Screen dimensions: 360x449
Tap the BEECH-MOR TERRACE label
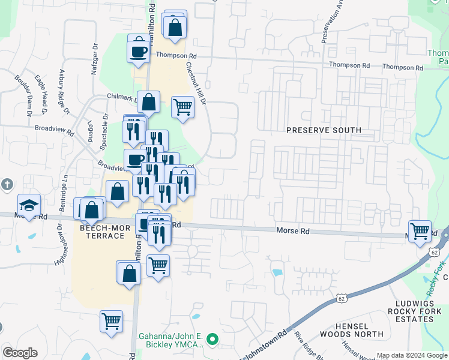click(102, 232)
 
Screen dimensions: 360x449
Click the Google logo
click(20, 353)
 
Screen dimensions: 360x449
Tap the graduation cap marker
click(29, 206)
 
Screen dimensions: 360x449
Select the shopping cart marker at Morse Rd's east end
click(420, 232)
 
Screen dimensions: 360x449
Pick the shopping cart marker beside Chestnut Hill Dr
click(182, 108)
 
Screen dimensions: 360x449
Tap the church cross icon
click(6, 184)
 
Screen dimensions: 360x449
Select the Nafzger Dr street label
click(94, 59)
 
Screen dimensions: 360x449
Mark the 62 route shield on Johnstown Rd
click(341, 297)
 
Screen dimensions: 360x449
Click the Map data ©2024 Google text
click(411, 355)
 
